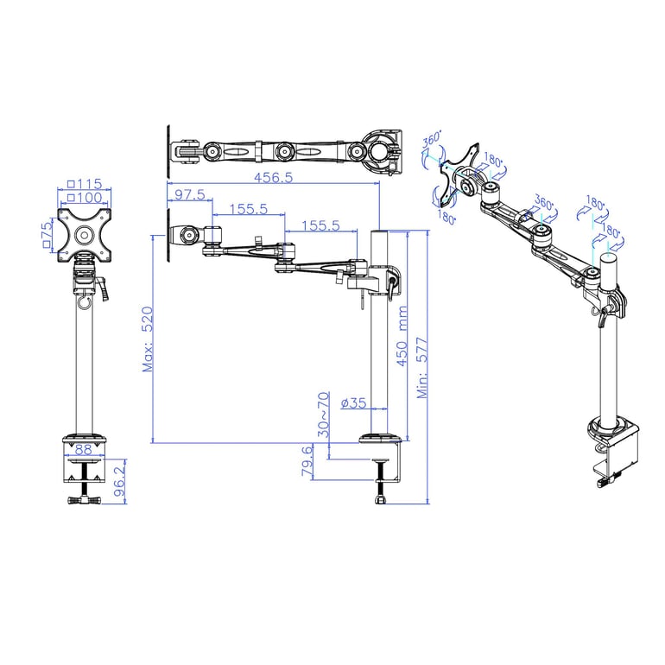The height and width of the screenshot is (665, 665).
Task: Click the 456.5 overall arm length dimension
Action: tap(274, 178)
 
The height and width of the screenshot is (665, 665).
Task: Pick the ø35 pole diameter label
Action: tap(354, 403)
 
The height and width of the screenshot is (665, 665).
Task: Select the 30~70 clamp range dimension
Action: tap(323, 414)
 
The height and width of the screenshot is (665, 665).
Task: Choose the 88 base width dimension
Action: tap(84, 449)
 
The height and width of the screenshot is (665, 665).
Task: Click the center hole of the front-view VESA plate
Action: tap(85, 233)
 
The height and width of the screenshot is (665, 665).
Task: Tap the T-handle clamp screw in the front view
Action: tap(84, 499)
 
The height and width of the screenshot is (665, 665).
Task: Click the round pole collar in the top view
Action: tap(380, 148)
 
